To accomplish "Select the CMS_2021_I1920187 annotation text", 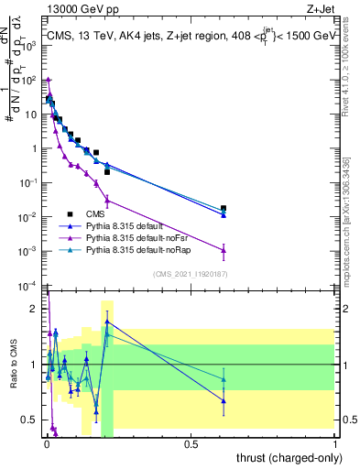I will (x=190, y=273).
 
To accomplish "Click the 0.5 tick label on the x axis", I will (x=190, y=444).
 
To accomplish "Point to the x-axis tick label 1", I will (x=334, y=444).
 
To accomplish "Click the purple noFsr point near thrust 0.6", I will (x=224, y=250).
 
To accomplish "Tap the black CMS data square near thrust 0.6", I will (x=224, y=209).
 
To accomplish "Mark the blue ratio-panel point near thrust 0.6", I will (x=224, y=400).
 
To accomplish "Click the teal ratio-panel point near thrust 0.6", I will (x=224, y=379).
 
